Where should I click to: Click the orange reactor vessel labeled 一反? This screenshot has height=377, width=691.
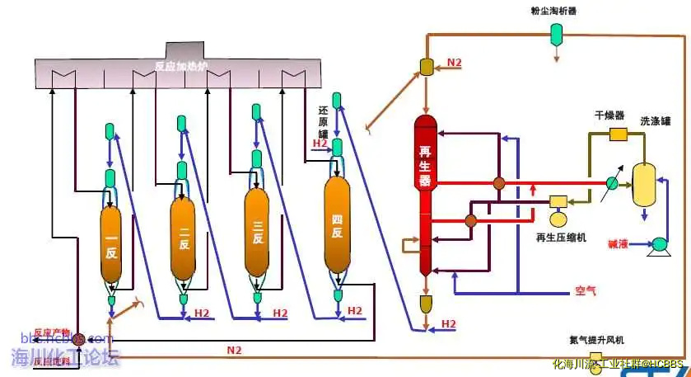pyautogui.click(x=111, y=247)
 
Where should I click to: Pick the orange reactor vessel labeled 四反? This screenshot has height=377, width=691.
pyautogui.click(x=336, y=224)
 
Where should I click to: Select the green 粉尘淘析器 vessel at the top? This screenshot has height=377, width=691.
pyautogui.click(x=557, y=32)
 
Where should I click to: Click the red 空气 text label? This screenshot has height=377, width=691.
pyautogui.click(x=585, y=291)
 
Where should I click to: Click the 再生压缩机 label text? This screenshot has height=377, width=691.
pyautogui.click(x=561, y=237)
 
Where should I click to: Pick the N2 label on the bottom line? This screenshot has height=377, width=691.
pyautogui.click(x=235, y=350)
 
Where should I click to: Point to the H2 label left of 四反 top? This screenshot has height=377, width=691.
pyautogui.click(x=320, y=144)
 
